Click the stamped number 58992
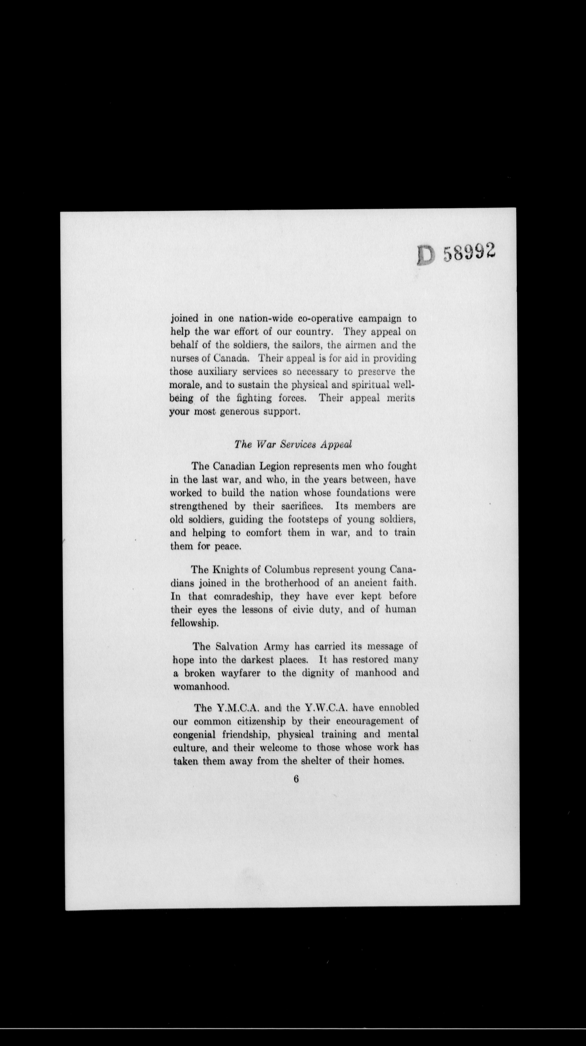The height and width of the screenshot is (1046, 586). [469, 253]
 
